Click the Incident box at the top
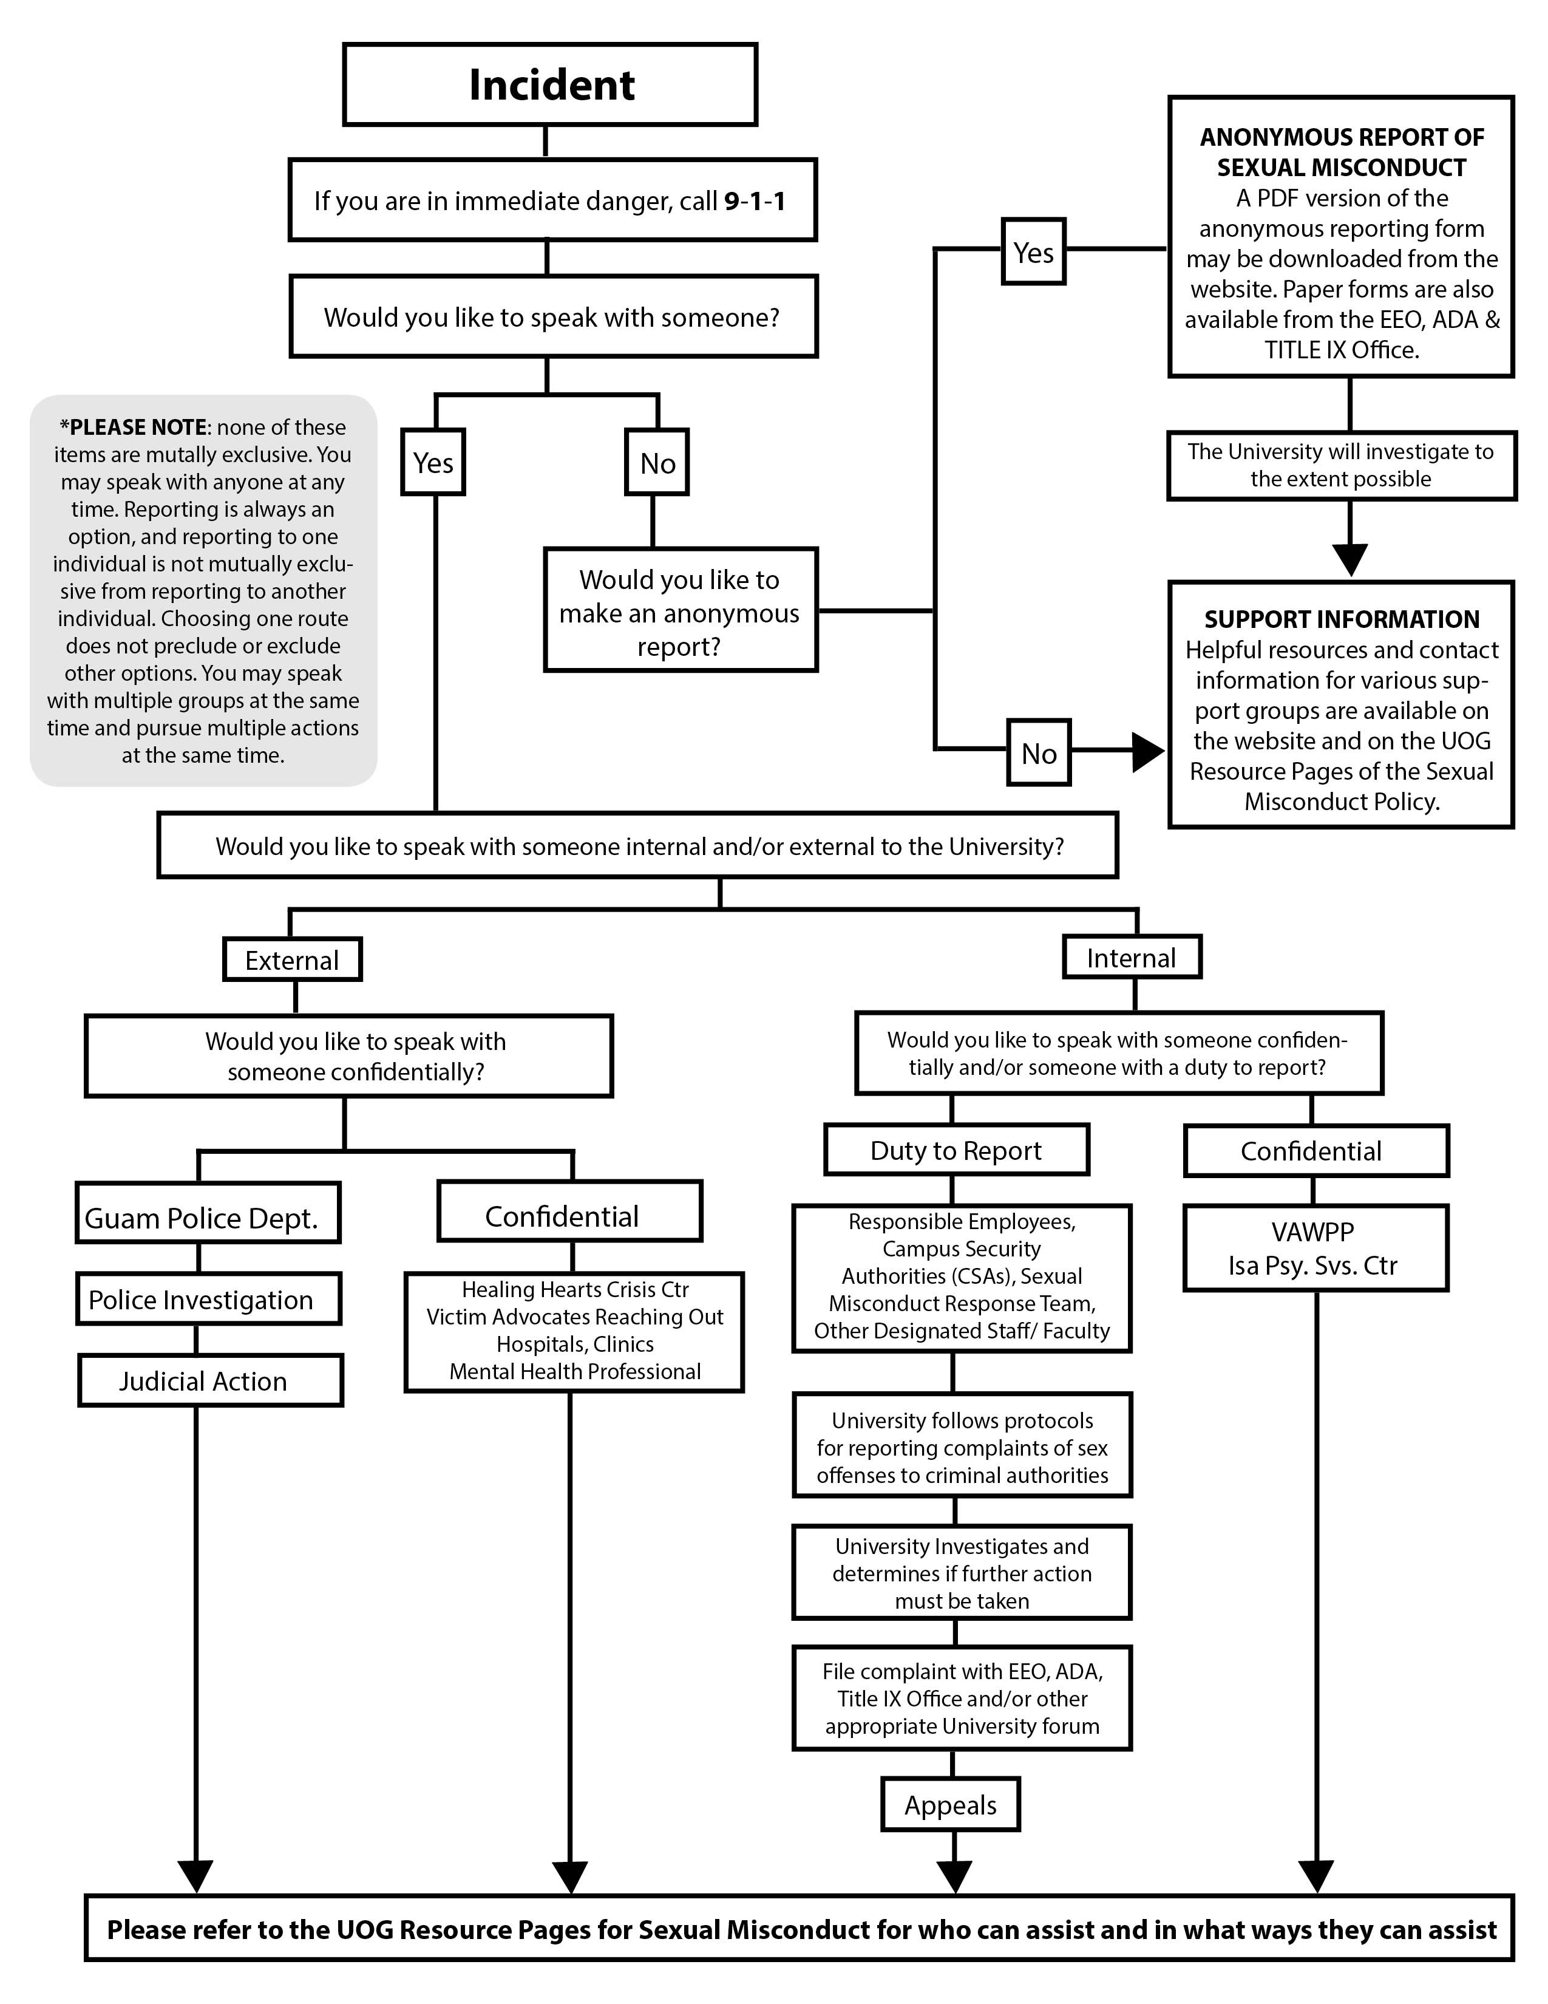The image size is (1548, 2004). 550,84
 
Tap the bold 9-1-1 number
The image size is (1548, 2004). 755,201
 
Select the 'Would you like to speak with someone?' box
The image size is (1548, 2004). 553,316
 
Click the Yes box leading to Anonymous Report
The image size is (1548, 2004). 1034,253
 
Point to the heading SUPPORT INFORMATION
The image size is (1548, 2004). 1342,619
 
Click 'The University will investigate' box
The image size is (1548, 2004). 1342,465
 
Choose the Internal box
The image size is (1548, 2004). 1132,958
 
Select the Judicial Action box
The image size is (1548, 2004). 211,1381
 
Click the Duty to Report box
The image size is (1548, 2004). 957,1150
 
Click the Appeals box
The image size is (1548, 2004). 951,1805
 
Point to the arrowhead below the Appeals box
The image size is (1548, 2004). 955,1876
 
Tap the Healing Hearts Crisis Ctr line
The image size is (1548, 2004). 575,1289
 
